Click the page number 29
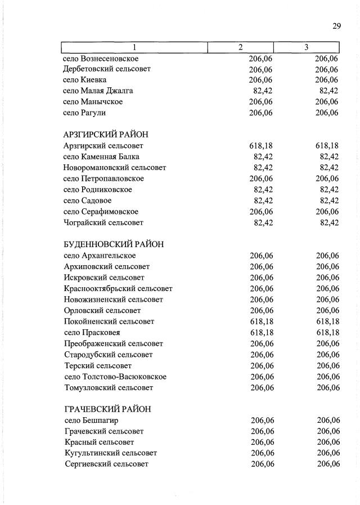[336, 25]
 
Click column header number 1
[134, 47]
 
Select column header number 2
[241, 47]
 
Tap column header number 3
[307, 47]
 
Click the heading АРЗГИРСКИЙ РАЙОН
[106, 135]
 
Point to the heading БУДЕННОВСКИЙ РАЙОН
[114, 244]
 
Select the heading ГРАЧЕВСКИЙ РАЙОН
[107, 409]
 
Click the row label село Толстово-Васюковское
[115, 376]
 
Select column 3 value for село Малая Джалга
[328, 91]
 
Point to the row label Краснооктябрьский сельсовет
[118, 288]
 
